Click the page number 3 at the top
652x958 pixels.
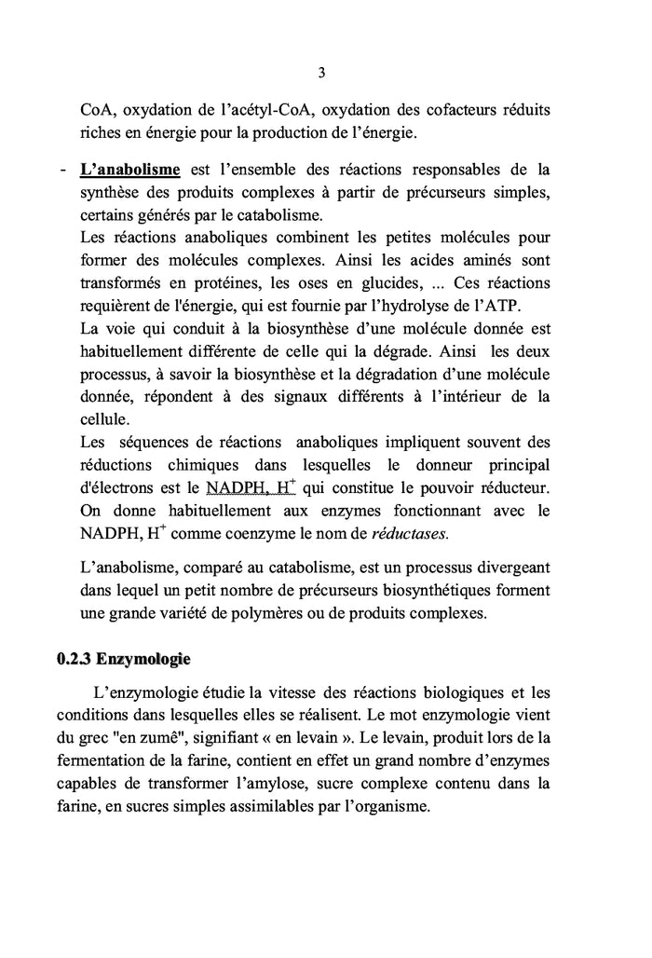click(x=321, y=72)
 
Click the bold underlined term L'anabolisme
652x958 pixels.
click(x=129, y=170)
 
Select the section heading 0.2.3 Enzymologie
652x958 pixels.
click(x=123, y=660)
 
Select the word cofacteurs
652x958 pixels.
click(x=455, y=110)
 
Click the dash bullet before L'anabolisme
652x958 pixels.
click(x=61, y=170)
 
